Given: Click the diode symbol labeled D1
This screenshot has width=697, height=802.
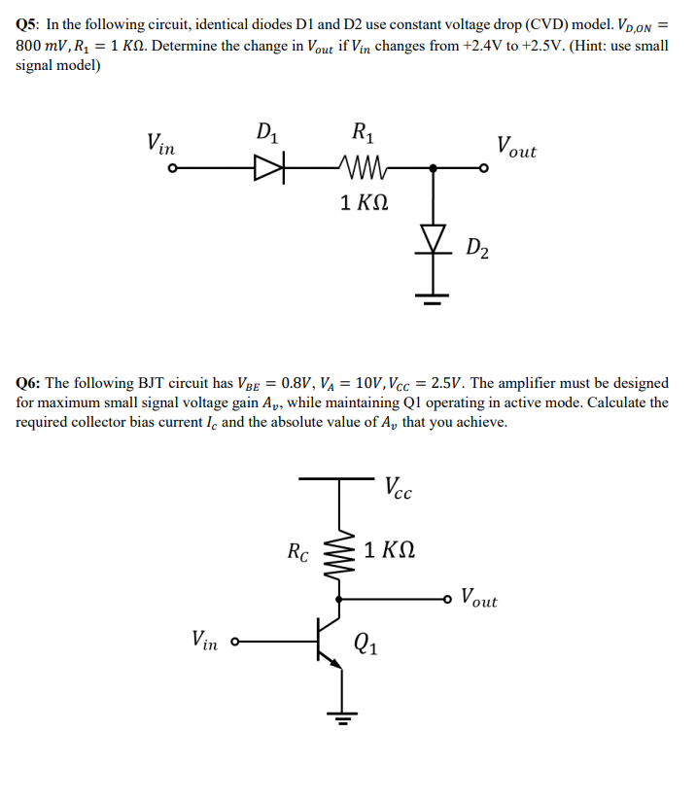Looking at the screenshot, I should [x=265, y=169].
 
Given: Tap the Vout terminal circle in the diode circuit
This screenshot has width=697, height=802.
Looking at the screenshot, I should [x=483, y=169].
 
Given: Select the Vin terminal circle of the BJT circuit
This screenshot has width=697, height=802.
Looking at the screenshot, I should [x=234, y=642].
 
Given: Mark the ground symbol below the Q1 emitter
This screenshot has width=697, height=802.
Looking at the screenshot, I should [x=339, y=719].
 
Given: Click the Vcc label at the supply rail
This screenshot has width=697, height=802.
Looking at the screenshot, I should [x=399, y=488].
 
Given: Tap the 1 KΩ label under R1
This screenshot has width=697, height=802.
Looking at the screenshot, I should [x=366, y=203].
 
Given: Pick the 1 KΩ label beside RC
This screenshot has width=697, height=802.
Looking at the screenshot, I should [x=392, y=550].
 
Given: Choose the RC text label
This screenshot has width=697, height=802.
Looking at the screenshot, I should [x=298, y=553].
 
